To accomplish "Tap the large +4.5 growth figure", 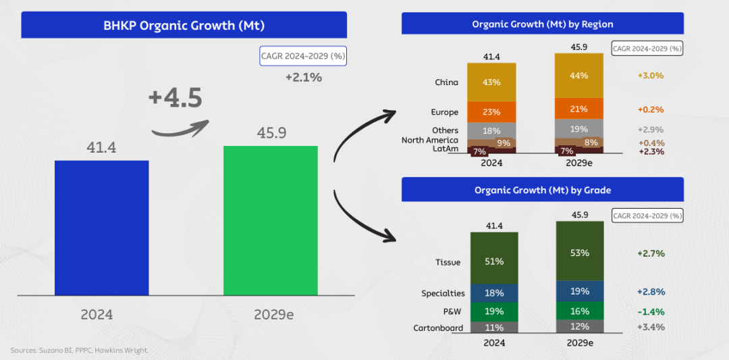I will coord(175,98).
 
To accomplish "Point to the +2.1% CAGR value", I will coord(303,78).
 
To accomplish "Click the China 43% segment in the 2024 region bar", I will coord(491,82).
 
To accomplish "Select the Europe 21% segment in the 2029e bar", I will coord(579,109).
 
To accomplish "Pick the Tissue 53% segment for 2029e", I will coord(579,253).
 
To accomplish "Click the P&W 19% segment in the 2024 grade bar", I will coord(493,311).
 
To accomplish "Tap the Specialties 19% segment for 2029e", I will coord(579,291).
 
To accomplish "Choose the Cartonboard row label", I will coord(438,328).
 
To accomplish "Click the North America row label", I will coord(430,140).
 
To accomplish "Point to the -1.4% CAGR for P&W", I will coord(651,311).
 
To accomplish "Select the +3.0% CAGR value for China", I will coord(651,76).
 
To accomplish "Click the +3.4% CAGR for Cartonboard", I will coord(651,328).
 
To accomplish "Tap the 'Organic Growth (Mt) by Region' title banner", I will coord(542,24).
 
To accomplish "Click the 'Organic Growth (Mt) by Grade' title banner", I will coord(542,190).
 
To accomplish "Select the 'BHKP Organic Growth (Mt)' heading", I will coord(184,26).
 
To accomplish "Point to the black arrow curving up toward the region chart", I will coord(364,135).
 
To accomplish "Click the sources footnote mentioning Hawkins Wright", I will coord(79,350).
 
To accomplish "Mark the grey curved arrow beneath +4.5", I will coord(179,128).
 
